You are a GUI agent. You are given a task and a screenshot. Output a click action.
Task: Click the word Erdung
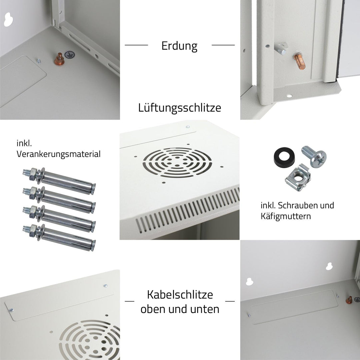[179, 46]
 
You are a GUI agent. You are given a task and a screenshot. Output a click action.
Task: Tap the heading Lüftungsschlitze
[179, 108]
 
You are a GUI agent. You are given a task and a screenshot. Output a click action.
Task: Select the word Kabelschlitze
[180, 295]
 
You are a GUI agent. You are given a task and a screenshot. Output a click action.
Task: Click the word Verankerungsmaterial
[58, 154]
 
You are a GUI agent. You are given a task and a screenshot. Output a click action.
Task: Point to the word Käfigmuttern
[286, 216]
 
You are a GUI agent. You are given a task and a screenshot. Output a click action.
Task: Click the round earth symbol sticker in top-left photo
[69, 53]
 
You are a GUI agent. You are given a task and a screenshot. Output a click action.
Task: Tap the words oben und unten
[180, 309]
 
